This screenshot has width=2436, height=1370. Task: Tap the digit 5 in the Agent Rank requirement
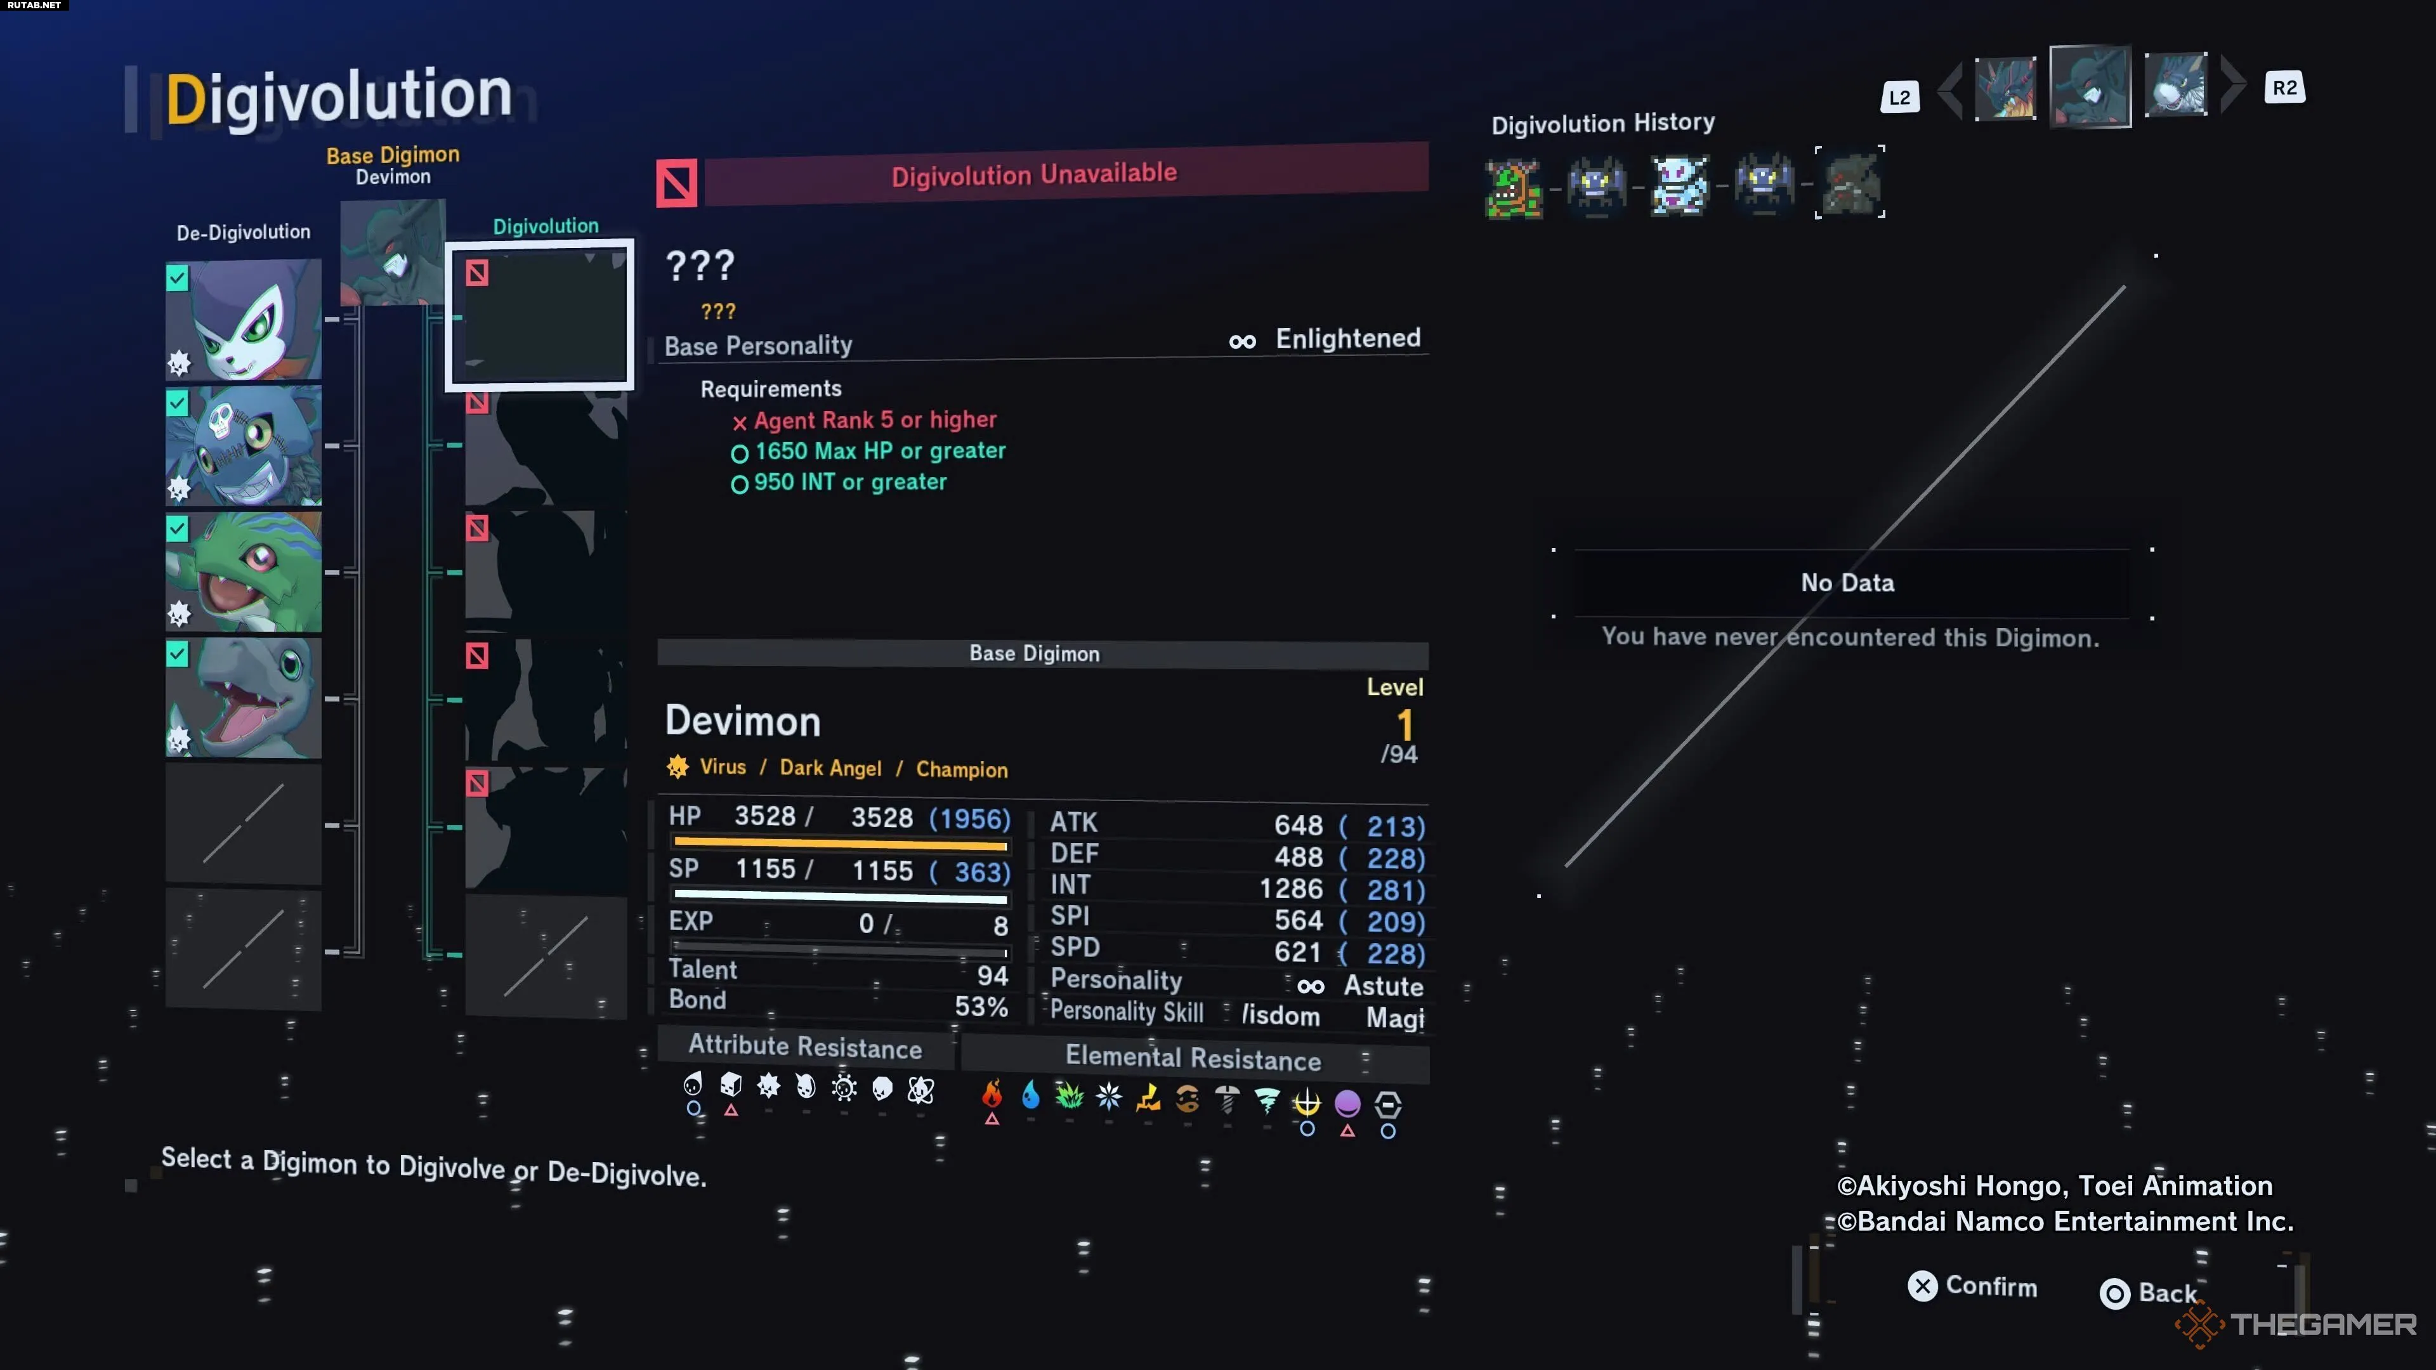[x=886, y=420]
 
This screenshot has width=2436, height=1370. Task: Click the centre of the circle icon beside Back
[x=2114, y=1293]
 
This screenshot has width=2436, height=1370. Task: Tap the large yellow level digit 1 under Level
[x=1405, y=725]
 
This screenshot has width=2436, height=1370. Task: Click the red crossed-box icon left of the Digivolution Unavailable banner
[x=677, y=183]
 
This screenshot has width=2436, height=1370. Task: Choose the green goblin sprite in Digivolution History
[x=1513, y=189]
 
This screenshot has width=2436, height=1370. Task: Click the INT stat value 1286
[x=1291, y=889]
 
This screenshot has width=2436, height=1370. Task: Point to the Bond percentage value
[x=981, y=1006]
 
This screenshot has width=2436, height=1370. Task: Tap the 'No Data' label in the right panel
[x=1847, y=582]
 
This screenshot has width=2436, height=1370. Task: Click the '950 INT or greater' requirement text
[x=850, y=482]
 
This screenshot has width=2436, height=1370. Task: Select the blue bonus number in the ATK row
[x=1395, y=826]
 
